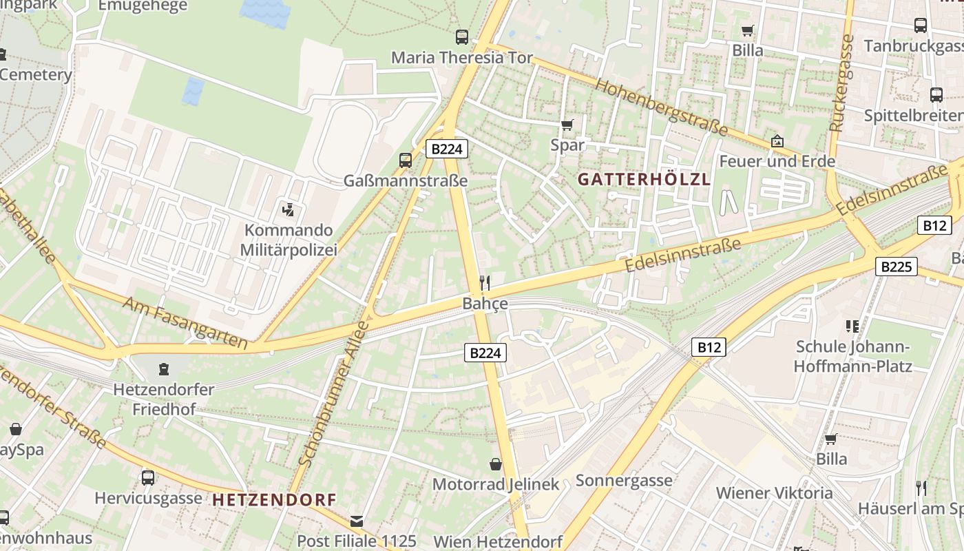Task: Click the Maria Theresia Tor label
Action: (x=462, y=58)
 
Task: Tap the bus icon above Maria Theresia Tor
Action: (x=462, y=37)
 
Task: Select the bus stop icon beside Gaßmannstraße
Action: (x=406, y=160)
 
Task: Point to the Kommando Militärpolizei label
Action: (x=289, y=240)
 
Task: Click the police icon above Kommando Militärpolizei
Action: (x=289, y=209)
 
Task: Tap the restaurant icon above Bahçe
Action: (x=485, y=282)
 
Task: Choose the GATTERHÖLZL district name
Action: (x=644, y=180)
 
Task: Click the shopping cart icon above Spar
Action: (x=567, y=125)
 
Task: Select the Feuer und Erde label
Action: (x=777, y=162)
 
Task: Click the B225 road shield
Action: (x=897, y=267)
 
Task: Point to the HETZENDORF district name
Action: (x=274, y=500)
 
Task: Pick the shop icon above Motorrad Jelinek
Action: (x=495, y=464)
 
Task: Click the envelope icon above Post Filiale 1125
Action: (x=357, y=521)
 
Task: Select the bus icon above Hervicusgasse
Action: (x=148, y=477)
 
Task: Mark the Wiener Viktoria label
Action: (x=774, y=493)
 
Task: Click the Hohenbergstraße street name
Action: (x=661, y=106)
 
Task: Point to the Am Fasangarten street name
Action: (x=185, y=322)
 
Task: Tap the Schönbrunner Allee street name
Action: (x=336, y=394)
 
